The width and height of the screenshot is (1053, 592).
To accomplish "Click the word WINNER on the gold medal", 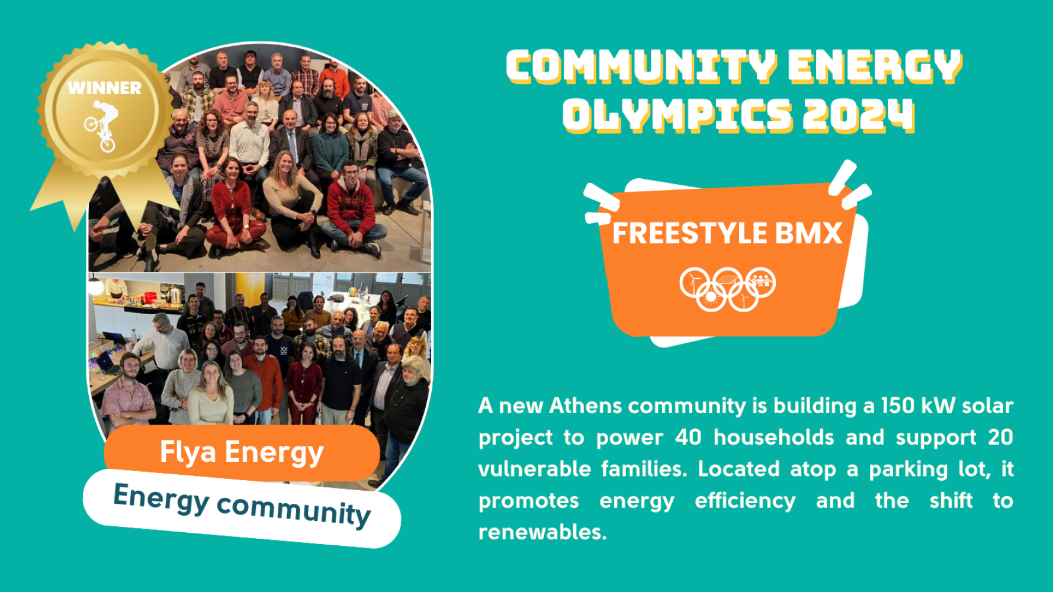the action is (x=104, y=88).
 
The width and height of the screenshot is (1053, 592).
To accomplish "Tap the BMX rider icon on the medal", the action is (x=102, y=126).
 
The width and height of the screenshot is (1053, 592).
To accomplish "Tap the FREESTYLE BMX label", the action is (x=727, y=233).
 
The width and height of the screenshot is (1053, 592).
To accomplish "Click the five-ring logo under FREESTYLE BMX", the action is (x=727, y=289).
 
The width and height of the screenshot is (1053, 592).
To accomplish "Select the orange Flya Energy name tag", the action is (x=242, y=453).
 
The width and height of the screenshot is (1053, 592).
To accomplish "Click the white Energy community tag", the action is (x=242, y=508).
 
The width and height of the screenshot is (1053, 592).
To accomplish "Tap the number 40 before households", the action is (x=688, y=437).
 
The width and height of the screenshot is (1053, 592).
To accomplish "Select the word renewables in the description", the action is (x=542, y=532).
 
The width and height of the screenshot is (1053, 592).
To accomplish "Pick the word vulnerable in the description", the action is (x=534, y=469).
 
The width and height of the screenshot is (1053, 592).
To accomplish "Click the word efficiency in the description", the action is (x=745, y=501).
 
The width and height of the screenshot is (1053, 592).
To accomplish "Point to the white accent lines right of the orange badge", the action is (x=849, y=184).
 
